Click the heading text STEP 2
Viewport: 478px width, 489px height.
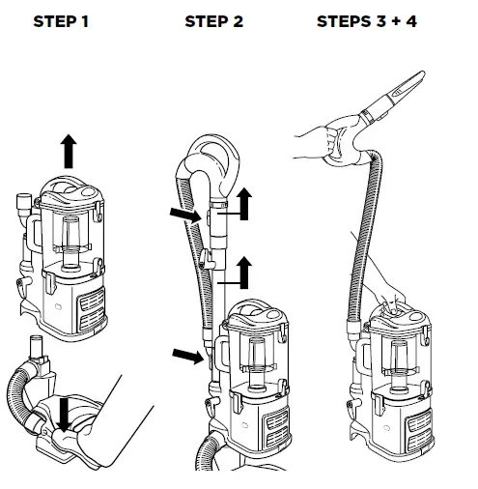[x=213, y=21]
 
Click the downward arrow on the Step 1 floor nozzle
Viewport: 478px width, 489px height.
[x=64, y=415]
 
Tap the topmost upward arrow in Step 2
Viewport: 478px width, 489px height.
[x=244, y=205]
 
